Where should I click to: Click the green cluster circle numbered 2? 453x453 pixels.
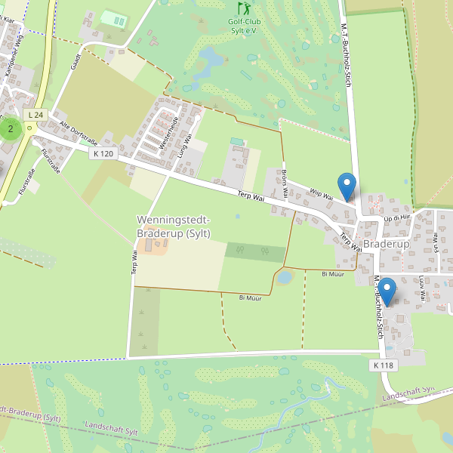point(10,128)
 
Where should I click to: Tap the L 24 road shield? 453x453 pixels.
point(34,115)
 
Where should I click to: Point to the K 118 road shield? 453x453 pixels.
point(383,365)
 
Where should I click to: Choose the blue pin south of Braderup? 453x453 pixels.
point(387,291)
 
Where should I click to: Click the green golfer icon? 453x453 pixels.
point(243,8)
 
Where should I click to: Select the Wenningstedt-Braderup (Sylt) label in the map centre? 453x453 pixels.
point(174,226)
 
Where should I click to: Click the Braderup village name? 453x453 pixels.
point(386,245)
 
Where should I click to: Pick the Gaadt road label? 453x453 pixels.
point(75,62)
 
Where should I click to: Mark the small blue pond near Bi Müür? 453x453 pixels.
point(284,278)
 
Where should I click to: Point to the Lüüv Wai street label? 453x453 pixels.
point(421,285)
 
